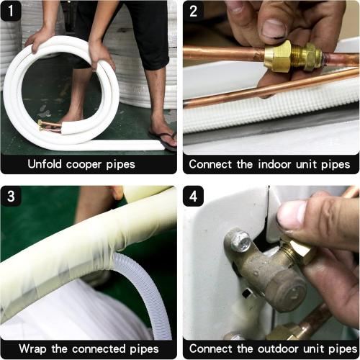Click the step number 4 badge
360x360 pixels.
point(194,197)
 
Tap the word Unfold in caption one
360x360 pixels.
point(48,163)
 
